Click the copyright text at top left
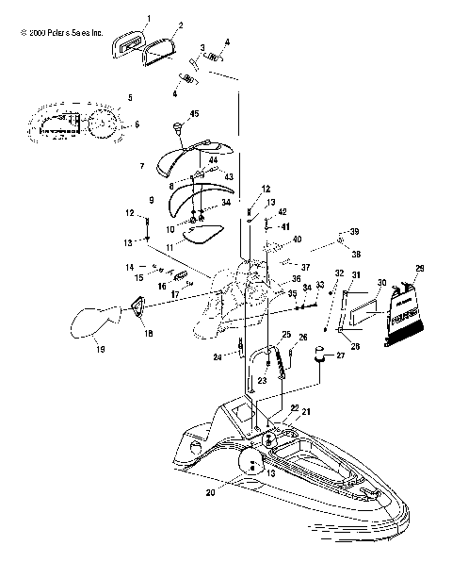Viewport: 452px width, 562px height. click(x=56, y=31)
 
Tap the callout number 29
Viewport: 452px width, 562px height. click(x=420, y=268)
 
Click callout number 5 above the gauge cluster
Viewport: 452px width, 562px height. click(x=130, y=98)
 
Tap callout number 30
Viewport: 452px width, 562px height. click(x=381, y=282)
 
